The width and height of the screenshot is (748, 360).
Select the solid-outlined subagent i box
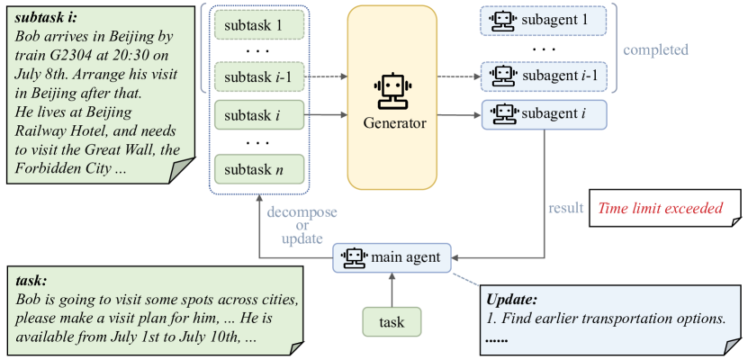[544, 114]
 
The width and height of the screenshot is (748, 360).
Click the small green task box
[392, 321]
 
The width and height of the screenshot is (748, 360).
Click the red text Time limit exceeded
[663, 208]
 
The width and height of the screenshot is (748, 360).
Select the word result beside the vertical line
[565, 208]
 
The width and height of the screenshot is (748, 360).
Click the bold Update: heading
[512, 299]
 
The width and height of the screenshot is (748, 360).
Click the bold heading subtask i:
[47, 18]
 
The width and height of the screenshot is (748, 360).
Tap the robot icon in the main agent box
[354, 257]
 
